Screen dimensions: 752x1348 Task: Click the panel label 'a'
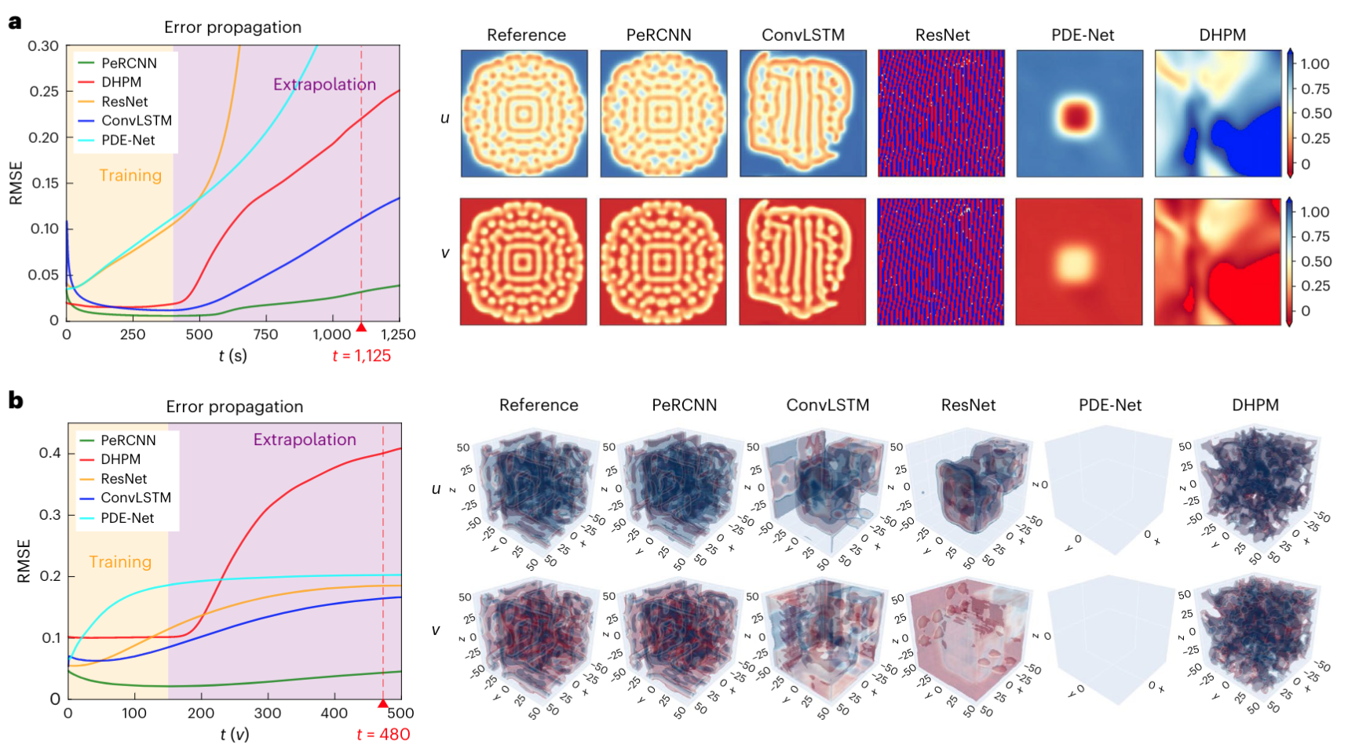pos(14,21)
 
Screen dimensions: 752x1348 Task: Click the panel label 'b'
pos(15,401)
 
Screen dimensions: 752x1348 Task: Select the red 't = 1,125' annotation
pos(361,356)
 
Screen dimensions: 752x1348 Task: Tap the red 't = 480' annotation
pos(383,735)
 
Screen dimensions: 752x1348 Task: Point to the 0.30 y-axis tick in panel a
pos(43,46)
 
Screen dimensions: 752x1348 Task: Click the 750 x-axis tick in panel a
pos(265,334)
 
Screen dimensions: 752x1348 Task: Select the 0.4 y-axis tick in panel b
pos(49,453)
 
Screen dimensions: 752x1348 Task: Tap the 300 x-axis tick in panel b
pos(268,714)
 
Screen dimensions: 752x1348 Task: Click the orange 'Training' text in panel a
pos(130,176)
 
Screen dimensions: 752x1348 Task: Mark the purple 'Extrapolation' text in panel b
pos(305,440)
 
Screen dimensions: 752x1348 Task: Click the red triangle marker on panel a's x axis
pos(361,327)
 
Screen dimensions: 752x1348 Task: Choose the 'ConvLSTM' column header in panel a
pos(802,35)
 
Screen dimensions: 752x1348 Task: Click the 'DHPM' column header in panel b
pos(1255,405)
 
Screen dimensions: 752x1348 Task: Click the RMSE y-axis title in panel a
pos(16,183)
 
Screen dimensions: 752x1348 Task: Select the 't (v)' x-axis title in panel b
pos(234,735)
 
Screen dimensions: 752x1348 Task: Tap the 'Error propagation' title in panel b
pos(234,407)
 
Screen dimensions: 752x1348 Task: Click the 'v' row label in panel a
pos(445,254)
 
